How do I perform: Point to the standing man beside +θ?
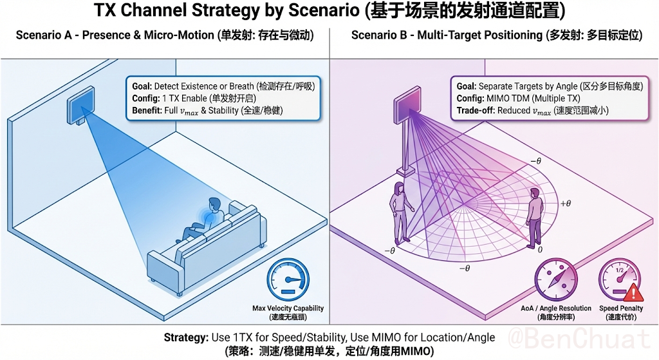click(533, 222)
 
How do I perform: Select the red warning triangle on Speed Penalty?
click(634, 294)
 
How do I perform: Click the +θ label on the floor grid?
click(566, 204)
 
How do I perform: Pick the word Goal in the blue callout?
click(141, 86)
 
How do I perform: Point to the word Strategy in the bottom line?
click(185, 337)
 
